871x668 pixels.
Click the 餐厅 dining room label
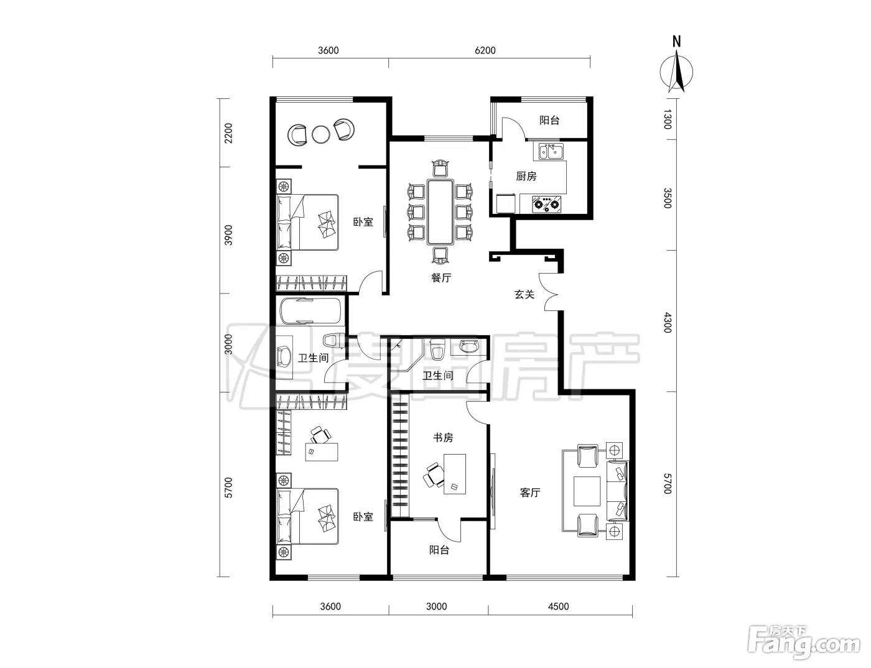pyautogui.click(x=441, y=277)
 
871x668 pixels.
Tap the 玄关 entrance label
pyautogui.click(x=524, y=295)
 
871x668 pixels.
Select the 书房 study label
pyautogui.click(x=443, y=437)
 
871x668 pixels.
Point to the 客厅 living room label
pyautogui.click(x=530, y=493)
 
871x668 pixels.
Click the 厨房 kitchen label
pyautogui.click(x=526, y=176)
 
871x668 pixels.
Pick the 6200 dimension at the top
pyautogui.click(x=485, y=50)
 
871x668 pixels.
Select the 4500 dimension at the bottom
pyautogui.click(x=558, y=606)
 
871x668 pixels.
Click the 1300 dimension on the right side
pyautogui.click(x=667, y=119)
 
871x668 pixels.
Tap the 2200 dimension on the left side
pyautogui.click(x=228, y=133)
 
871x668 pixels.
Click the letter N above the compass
pyautogui.click(x=677, y=42)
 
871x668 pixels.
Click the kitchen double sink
pyautogui.click(x=551, y=152)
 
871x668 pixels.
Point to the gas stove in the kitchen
pyautogui.click(x=546, y=204)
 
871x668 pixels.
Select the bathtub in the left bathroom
pyautogui.click(x=310, y=312)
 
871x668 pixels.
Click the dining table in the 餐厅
pyautogui.click(x=440, y=212)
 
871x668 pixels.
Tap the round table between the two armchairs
pyautogui.click(x=320, y=134)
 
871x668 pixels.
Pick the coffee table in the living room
pyautogui.click(x=587, y=491)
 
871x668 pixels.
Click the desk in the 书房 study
pyautogui.click(x=455, y=474)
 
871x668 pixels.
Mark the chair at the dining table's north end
pyautogui.click(x=440, y=168)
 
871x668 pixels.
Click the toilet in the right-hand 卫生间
pyautogui.click(x=437, y=349)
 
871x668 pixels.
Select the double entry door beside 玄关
pyautogui.click(x=549, y=292)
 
